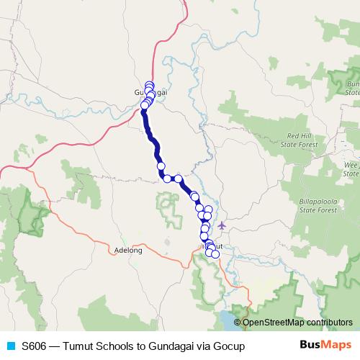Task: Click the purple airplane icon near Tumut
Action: pyautogui.click(x=221, y=226)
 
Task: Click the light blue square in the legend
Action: pyautogui.click(x=10, y=346)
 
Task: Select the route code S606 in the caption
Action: pyautogui.click(x=34, y=346)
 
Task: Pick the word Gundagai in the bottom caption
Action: pyautogui.click(x=174, y=346)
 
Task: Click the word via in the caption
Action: pyautogui.click(x=205, y=346)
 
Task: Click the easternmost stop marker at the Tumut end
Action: pyautogui.click(x=215, y=254)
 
